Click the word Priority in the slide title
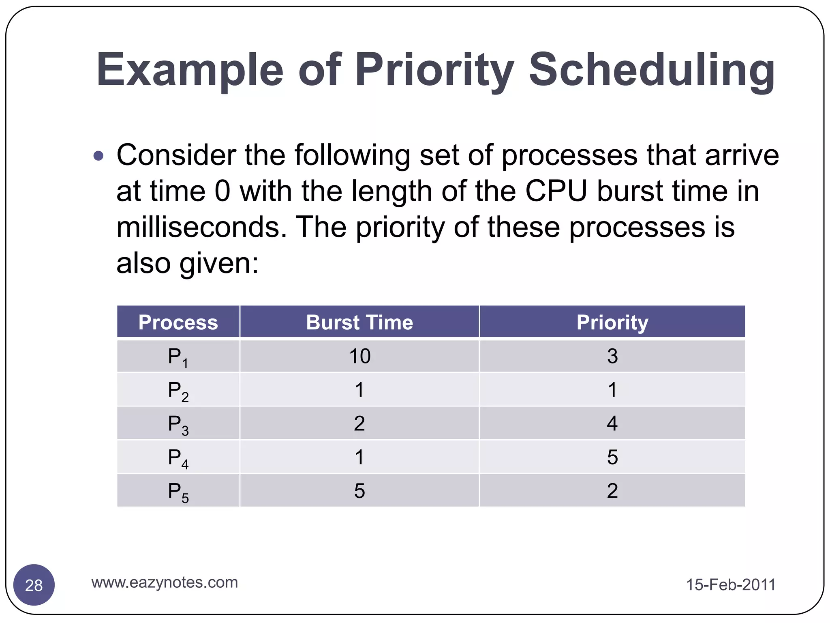pyautogui.click(x=434, y=70)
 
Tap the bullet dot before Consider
pyautogui.click(x=98, y=156)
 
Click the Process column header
pyautogui.click(x=178, y=322)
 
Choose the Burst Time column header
pyautogui.click(x=359, y=322)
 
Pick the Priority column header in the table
pyautogui.click(x=612, y=322)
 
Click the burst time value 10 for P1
pyautogui.click(x=359, y=356)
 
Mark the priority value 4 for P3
pyautogui.click(x=612, y=423)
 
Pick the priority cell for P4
pyautogui.click(x=612, y=457)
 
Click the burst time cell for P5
pyautogui.click(x=359, y=491)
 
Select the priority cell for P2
pyautogui.click(x=612, y=390)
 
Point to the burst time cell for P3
pyautogui.click(x=359, y=423)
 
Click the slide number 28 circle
pyautogui.click(x=34, y=585)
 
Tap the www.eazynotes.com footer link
pyautogui.click(x=165, y=582)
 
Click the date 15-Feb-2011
pyautogui.click(x=730, y=585)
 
